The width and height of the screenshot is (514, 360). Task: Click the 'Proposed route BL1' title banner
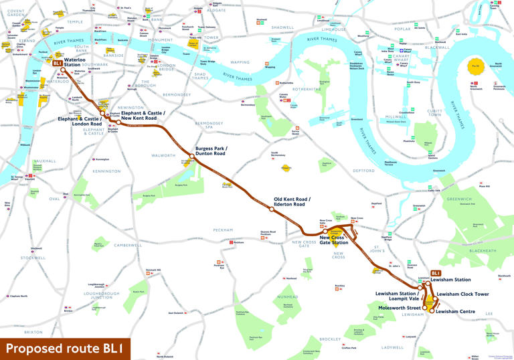(65, 349)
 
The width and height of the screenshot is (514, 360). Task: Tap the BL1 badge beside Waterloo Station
(58, 64)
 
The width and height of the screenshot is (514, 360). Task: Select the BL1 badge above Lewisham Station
(435, 273)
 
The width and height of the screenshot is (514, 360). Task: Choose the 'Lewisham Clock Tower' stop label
(462, 294)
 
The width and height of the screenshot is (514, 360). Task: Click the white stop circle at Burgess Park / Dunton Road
(192, 156)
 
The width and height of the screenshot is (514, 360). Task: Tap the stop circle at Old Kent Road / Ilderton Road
(272, 209)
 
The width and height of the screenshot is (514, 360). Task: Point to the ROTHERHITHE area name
(307, 89)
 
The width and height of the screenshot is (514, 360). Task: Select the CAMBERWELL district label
(128, 246)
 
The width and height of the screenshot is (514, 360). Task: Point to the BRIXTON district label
(33, 332)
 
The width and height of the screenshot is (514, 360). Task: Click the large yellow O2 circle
(476, 68)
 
